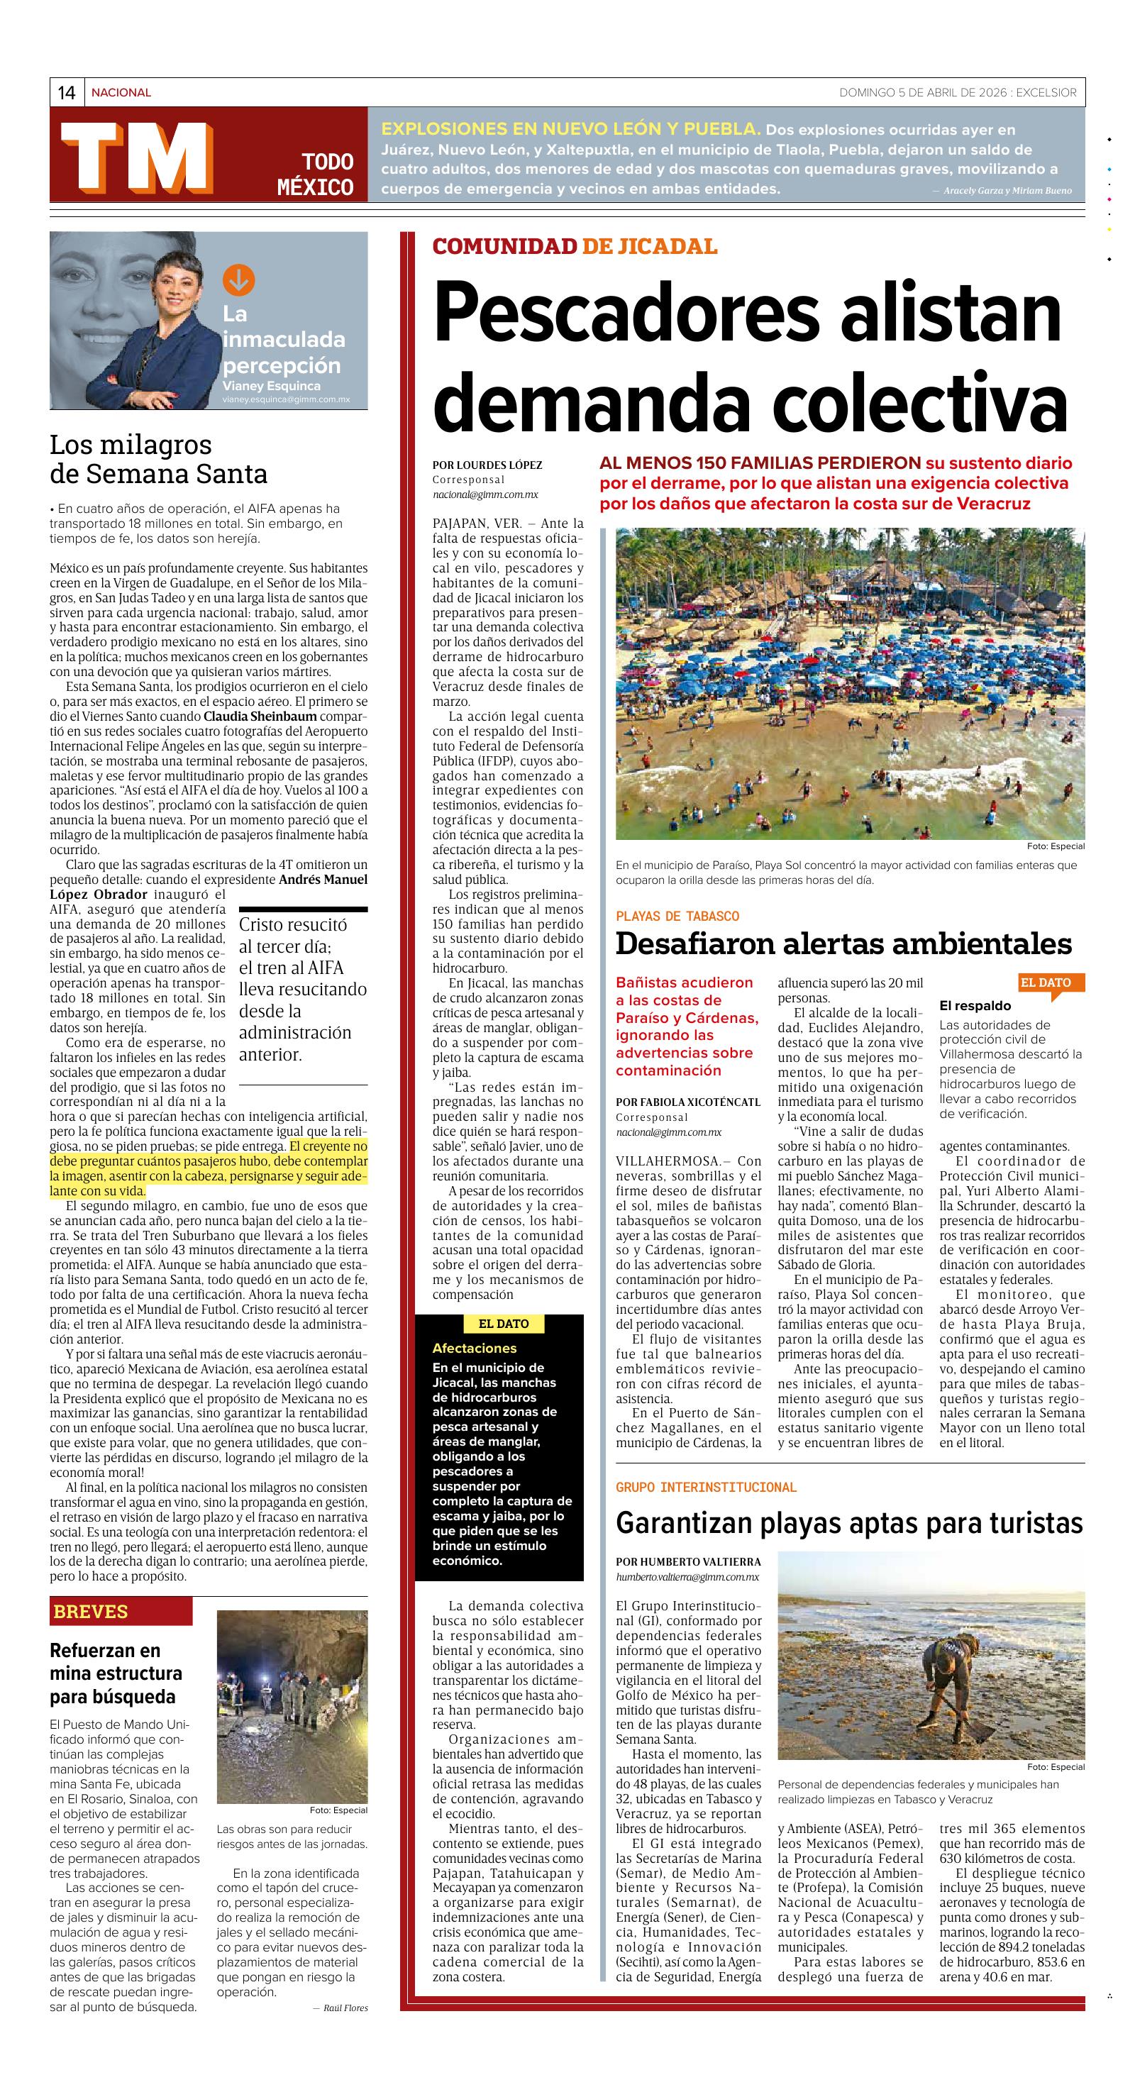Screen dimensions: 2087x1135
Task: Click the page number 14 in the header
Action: [x=67, y=92]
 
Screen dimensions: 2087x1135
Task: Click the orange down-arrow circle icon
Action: [x=238, y=279]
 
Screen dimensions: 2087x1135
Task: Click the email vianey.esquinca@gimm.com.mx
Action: [x=286, y=399]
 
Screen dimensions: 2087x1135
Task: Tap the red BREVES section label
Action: [x=91, y=1612]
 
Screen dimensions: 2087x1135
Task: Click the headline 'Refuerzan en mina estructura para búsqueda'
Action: [x=116, y=1673]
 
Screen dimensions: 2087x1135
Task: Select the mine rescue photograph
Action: [x=292, y=1706]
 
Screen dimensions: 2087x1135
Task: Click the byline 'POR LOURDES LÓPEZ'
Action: [x=487, y=465]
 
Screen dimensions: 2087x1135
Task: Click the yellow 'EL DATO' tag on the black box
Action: [x=503, y=1324]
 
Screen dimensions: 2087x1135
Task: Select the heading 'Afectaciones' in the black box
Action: [x=474, y=1348]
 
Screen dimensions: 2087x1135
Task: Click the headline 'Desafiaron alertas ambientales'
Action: [x=843, y=944]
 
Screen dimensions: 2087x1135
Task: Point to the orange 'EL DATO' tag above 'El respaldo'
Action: [x=1045, y=982]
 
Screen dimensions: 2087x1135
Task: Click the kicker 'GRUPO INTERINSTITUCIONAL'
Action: [x=706, y=1487]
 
